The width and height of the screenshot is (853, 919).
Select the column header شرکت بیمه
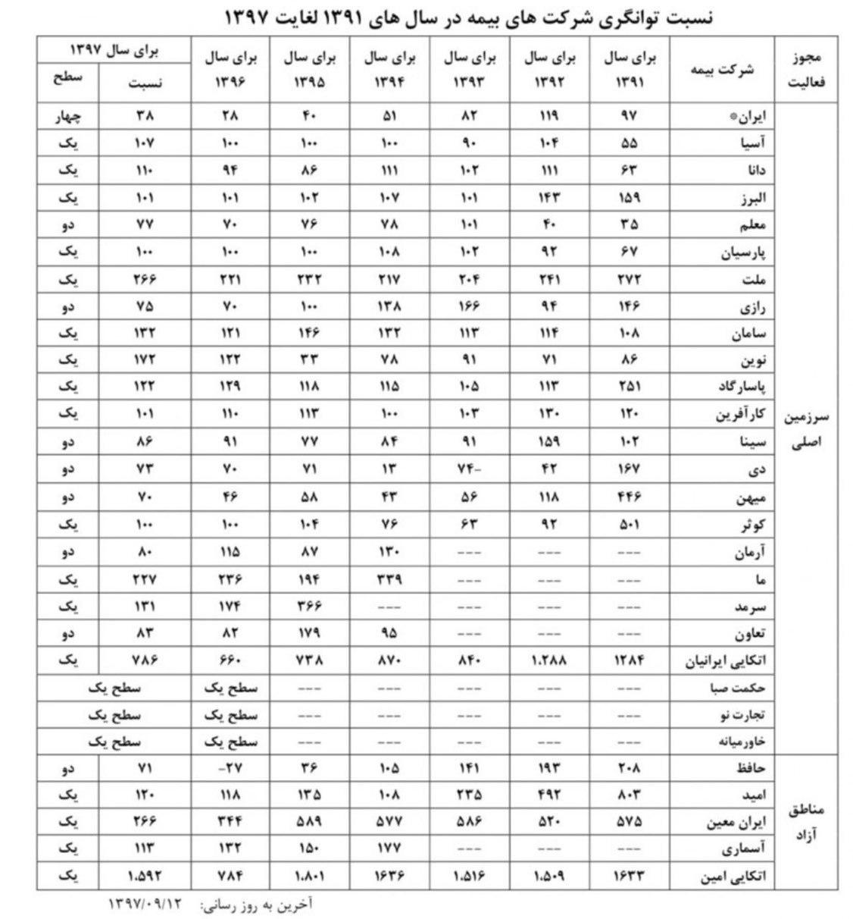722,70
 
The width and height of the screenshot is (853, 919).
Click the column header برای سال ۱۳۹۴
390,69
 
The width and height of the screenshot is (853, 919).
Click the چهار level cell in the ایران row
68,117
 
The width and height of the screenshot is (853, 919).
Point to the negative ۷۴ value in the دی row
470,470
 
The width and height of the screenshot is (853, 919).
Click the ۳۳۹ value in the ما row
389,580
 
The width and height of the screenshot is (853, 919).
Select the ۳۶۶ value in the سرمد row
309,607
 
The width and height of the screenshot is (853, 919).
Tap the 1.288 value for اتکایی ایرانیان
548,660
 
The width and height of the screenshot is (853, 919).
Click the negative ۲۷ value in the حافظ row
229,769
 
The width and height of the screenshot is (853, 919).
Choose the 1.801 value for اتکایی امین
309,877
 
